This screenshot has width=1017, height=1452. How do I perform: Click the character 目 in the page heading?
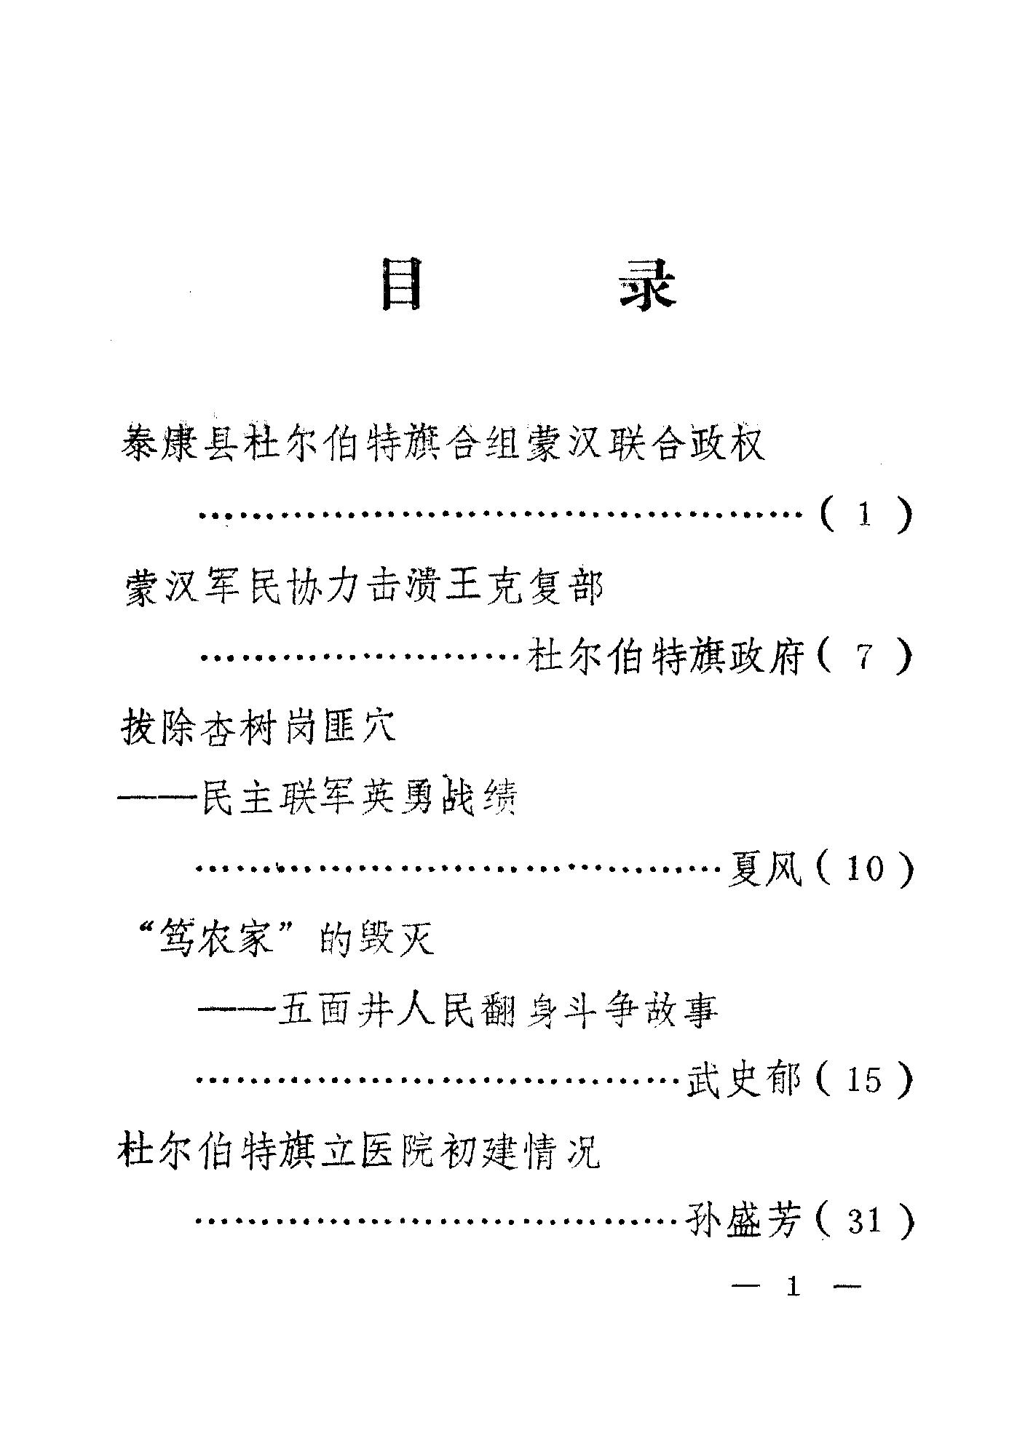tap(402, 289)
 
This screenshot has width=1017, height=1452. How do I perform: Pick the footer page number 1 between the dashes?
tap(794, 1288)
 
